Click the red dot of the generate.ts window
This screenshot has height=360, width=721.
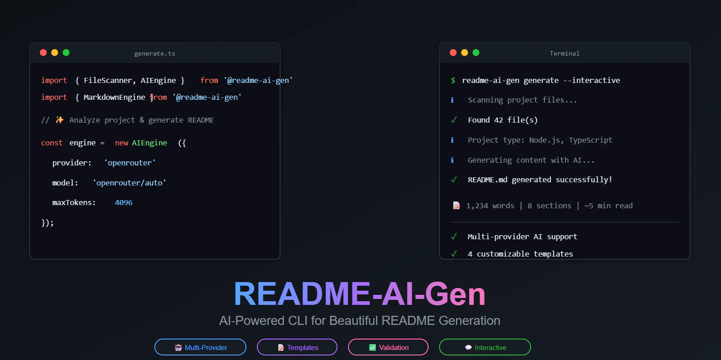(x=43, y=52)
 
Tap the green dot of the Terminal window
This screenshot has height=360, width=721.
(x=476, y=52)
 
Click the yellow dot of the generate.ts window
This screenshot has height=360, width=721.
(x=55, y=52)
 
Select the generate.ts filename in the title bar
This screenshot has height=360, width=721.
(x=154, y=53)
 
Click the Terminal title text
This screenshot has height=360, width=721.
(x=564, y=53)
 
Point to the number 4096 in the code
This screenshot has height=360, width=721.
(x=123, y=202)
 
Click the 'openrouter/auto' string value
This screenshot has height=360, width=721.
(x=129, y=183)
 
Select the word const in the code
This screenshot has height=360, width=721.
(x=52, y=143)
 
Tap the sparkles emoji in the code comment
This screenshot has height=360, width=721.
(x=59, y=120)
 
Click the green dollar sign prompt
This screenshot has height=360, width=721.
(x=453, y=80)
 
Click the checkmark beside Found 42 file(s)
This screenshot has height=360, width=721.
(x=454, y=120)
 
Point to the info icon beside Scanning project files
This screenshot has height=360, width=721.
(x=452, y=100)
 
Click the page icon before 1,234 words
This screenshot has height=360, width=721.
(x=456, y=206)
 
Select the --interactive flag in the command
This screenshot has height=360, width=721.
(x=592, y=80)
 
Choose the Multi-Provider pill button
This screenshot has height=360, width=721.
(x=200, y=347)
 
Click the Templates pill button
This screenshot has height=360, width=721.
(x=297, y=347)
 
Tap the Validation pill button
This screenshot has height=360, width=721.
(x=388, y=347)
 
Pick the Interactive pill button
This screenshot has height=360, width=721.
(x=485, y=347)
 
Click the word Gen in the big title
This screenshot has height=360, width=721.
(x=455, y=293)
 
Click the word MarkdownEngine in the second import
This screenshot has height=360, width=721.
(x=114, y=97)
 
